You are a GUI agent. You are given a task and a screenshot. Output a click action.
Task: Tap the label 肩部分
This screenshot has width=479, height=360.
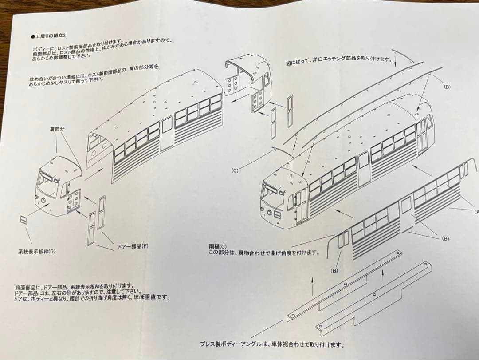57,129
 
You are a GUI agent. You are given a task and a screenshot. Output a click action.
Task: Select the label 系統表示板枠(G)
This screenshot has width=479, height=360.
37,251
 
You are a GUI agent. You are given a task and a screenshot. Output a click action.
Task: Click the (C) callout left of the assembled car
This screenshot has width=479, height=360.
236,170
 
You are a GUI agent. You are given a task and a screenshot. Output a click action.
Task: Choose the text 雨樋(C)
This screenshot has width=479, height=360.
217,246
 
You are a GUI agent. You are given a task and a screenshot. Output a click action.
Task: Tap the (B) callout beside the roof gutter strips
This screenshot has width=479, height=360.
447,87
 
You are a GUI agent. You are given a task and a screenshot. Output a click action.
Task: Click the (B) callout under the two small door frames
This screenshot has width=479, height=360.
334,270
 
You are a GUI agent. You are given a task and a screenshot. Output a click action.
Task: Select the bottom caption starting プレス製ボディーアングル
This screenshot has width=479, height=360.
271,344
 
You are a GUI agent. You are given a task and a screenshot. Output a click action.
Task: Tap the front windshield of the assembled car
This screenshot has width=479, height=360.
272,195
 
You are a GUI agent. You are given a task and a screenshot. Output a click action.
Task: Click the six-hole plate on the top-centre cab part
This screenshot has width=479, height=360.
231,85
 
